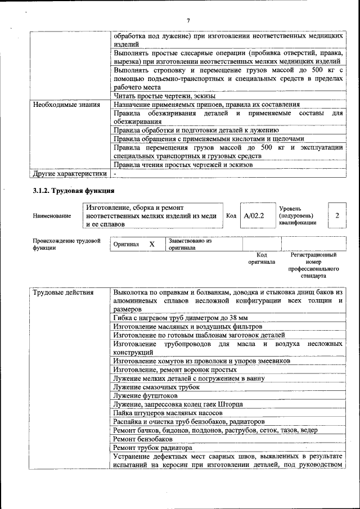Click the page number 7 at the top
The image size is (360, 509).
point(188,21)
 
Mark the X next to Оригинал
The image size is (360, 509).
point(152,245)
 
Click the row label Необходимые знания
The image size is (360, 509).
point(66,105)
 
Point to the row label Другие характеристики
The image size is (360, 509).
point(69,174)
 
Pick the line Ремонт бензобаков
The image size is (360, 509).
point(143,439)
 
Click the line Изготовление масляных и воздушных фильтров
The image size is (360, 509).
point(187,326)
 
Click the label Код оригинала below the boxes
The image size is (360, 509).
point(262,258)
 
